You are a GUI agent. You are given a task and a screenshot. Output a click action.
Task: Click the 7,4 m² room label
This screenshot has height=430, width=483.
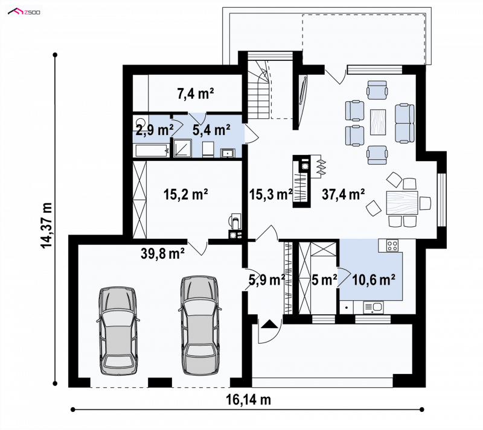195,93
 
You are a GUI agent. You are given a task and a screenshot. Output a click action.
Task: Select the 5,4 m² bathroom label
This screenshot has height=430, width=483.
211,130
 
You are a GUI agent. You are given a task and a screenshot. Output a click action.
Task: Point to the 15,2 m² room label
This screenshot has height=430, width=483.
185,194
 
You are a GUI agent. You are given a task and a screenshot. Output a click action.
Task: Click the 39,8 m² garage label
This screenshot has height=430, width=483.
162,254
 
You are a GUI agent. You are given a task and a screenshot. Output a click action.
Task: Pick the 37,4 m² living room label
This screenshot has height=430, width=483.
344,194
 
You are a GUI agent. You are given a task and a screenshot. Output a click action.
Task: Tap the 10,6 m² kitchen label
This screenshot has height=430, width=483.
374,280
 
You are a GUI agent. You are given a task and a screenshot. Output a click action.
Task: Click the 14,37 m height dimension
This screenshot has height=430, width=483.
46,226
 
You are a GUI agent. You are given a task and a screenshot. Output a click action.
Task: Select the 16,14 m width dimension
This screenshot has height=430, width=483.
249,399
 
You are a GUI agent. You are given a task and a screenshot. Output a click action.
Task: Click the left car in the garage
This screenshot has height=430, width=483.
118,331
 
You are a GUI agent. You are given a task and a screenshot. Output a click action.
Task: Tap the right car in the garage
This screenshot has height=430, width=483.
200,325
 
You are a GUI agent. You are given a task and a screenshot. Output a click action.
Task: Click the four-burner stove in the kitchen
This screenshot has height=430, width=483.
392,245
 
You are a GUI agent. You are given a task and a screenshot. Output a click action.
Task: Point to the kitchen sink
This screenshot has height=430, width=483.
374,307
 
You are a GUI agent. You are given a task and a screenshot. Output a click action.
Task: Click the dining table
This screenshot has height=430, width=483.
402,203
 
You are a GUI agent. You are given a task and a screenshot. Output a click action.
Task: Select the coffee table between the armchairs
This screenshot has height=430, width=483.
378,122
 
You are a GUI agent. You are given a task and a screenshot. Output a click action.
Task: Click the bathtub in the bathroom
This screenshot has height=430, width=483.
152,150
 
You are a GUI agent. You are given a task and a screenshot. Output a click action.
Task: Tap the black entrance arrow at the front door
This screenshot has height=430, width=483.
269,324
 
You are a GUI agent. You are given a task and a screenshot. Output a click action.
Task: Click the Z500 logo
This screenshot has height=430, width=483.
24,11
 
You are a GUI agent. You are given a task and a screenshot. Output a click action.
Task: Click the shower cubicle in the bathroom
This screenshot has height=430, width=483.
182,148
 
